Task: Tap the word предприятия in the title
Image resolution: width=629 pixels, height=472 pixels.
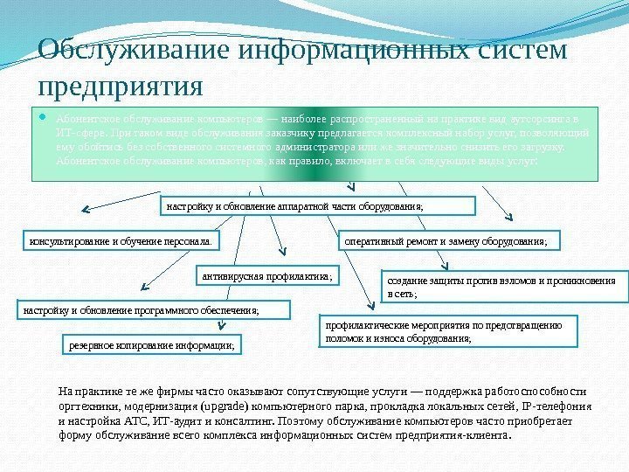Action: tap(121, 87)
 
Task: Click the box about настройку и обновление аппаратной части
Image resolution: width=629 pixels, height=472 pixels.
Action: tap(320, 206)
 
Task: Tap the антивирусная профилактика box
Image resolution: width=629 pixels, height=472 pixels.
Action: tap(270, 276)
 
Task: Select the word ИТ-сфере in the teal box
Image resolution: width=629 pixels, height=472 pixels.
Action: tap(77, 130)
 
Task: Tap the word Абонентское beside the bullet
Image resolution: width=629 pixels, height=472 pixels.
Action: tap(87, 115)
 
